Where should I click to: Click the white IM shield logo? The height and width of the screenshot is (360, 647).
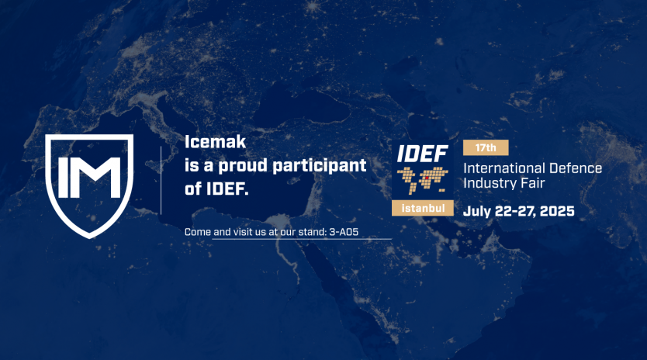(x=89, y=184)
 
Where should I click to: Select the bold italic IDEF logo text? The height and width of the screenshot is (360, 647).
(x=422, y=153)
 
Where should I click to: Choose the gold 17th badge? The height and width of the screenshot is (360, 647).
(x=485, y=147)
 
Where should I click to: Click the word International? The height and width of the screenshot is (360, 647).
(x=505, y=168)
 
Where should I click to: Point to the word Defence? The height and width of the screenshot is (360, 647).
(x=576, y=168)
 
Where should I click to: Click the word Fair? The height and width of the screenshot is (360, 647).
(x=532, y=183)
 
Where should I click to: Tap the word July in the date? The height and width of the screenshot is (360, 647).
(x=478, y=210)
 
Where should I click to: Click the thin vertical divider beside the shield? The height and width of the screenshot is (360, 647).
(x=161, y=180)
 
